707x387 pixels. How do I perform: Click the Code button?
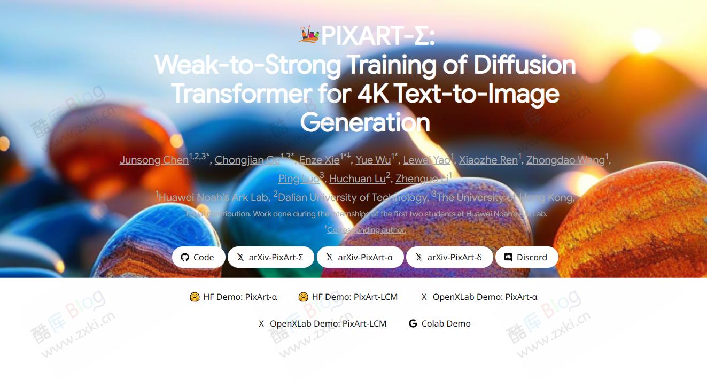(198, 257)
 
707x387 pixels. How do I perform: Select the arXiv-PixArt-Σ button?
(270, 257)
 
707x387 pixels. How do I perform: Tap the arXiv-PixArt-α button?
(359, 257)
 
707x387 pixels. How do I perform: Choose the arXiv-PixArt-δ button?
(448, 257)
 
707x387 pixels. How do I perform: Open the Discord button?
(526, 257)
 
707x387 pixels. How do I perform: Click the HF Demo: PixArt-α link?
(234, 297)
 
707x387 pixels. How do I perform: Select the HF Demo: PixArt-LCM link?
(348, 297)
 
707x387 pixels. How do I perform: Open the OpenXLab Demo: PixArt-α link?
(479, 297)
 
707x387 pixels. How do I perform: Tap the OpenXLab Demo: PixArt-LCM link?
(322, 323)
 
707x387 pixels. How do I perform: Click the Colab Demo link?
(440, 323)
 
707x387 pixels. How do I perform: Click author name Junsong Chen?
(154, 160)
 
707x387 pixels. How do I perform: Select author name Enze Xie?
(319, 160)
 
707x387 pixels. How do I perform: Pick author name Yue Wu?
(373, 160)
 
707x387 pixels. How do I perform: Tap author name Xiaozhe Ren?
(488, 160)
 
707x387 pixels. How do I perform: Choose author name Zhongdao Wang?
(565, 160)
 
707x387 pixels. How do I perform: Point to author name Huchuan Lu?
(357, 179)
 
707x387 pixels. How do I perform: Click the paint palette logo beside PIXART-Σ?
(309, 35)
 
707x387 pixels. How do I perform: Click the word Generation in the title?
(365, 122)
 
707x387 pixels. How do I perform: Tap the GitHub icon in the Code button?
(185, 257)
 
